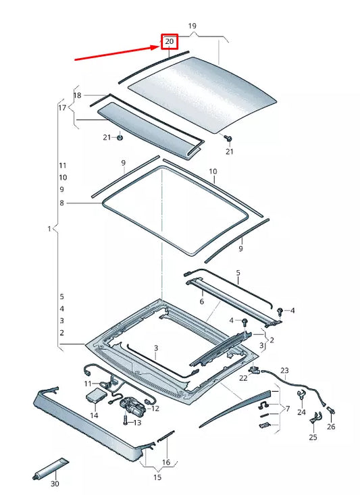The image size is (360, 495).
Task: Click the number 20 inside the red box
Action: coord(169,42)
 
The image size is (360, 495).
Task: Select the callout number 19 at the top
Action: coord(192,26)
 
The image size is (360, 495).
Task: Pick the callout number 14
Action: coord(94,415)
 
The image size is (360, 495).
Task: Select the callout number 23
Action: coord(284,370)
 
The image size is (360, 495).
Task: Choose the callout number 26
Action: coord(330,426)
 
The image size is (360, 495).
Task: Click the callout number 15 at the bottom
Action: coord(157,477)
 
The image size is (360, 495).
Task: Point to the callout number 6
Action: coord(201,301)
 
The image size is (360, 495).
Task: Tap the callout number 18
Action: coord(77,96)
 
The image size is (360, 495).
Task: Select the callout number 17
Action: coord(62,107)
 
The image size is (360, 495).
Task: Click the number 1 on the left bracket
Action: coord(49,230)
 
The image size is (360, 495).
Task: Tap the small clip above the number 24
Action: coord(301,397)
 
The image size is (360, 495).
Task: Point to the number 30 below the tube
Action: coord(55,484)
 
